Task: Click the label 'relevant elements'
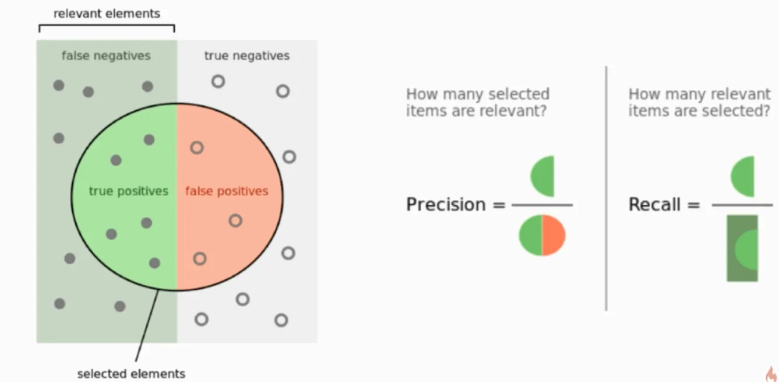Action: [x=107, y=13]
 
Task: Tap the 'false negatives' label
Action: [x=106, y=56]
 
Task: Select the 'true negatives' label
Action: [x=247, y=56]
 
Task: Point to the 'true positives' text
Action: [x=129, y=191]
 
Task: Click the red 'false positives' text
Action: [x=227, y=191]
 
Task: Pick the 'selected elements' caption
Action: [x=131, y=374]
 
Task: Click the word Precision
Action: [x=446, y=204]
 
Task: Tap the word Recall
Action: [x=654, y=204]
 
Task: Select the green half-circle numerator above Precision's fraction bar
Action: [x=542, y=176]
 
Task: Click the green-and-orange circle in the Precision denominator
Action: [x=542, y=236]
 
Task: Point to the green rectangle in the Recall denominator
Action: [x=742, y=248]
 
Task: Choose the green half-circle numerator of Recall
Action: [x=742, y=177]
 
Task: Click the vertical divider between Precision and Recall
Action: [x=606, y=188]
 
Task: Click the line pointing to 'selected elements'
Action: [x=147, y=326]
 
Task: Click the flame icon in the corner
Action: [x=771, y=374]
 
